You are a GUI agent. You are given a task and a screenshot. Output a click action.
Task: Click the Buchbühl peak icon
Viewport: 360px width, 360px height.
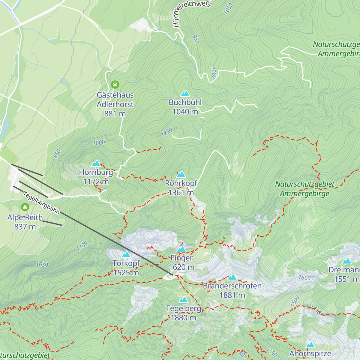coord(185,94)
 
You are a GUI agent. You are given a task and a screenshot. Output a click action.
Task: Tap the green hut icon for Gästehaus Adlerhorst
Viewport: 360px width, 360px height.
coord(115,85)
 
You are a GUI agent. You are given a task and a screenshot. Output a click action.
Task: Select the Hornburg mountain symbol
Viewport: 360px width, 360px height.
coord(96,163)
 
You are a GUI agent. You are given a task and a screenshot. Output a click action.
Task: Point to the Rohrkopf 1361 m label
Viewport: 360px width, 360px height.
coord(181,188)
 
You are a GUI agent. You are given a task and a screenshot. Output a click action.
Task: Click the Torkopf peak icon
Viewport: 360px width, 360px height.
coord(126,255)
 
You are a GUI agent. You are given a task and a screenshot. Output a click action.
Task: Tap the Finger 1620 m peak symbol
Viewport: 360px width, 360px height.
coord(181,249)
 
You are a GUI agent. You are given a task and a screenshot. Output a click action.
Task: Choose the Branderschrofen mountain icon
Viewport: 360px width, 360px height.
coord(232,277)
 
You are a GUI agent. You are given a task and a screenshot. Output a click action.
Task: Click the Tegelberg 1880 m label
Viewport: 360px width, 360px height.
coord(183,313)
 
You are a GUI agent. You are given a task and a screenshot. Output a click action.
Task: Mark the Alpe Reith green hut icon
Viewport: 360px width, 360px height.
coord(25,207)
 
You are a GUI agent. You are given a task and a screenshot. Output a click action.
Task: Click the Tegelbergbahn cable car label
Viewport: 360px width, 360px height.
coord(41,203)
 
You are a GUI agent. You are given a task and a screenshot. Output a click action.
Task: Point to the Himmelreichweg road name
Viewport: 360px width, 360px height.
coord(191,13)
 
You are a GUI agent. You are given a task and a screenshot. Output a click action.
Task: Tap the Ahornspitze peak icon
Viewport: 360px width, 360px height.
coord(310,345)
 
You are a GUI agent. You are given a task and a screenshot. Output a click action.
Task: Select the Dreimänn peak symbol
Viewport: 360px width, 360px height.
coord(347,261)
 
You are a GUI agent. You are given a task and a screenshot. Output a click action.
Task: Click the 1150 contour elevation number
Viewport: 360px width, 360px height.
coord(166,132)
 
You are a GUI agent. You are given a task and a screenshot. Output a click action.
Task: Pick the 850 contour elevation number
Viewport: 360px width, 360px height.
coord(57,154)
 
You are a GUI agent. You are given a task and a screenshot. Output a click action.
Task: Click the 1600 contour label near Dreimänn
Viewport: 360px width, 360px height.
coord(304,278)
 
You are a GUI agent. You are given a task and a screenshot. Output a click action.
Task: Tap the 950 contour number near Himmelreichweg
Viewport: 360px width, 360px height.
coord(196,39)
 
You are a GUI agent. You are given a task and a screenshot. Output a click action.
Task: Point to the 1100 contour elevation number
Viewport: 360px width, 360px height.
coord(82,246)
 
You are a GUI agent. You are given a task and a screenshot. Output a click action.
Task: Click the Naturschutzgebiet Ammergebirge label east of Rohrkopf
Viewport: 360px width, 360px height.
coord(304,189)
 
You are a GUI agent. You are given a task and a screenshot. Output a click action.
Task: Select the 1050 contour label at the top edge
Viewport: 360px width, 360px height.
coord(228,9)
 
